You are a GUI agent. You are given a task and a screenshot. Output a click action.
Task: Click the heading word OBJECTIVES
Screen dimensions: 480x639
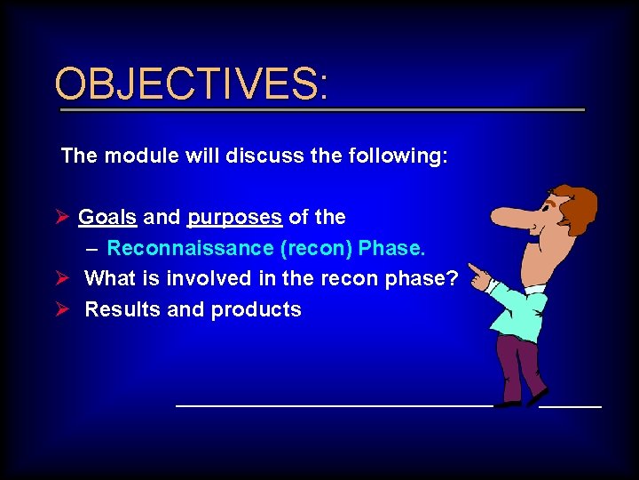point(190,84)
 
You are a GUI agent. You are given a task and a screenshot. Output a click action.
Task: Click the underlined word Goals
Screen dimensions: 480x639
point(107,217)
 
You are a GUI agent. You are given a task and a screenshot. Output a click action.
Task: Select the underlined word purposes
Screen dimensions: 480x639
point(235,217)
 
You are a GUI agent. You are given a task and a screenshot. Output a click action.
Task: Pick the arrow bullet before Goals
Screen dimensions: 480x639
point(61,217)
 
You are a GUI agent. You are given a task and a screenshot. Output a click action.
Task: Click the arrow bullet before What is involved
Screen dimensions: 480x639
point(61,278)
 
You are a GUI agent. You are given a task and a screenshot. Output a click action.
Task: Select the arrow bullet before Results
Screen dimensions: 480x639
point(61,310)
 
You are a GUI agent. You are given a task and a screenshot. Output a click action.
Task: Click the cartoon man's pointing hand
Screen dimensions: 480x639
point(478,276)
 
